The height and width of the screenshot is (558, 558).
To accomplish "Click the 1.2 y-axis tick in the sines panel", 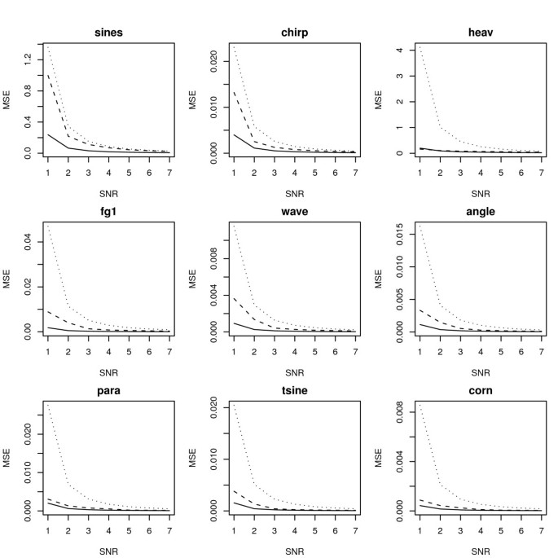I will [x=27, y=59].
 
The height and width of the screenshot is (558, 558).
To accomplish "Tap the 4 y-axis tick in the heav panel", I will [x=399, y=50].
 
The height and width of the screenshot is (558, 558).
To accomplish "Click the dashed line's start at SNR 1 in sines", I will [x=47, y=74].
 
